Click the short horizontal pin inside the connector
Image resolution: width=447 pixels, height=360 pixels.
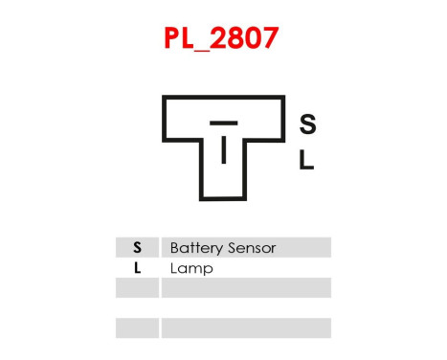coord(223,124)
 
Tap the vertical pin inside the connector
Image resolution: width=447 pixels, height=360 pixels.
coord(223,150)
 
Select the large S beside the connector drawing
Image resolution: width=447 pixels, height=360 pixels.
coord(307,124)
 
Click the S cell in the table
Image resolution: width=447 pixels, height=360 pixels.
coord(137,248)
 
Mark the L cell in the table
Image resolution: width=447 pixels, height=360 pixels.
coord(137,268)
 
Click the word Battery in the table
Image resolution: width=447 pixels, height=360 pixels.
coord(197,248)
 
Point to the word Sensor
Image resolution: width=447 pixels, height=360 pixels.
coord(252,248)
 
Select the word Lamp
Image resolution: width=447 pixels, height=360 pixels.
coord(190,268)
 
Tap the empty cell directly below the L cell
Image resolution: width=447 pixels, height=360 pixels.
coord(137,288)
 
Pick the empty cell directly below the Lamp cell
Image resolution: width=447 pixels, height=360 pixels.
coord(245,288)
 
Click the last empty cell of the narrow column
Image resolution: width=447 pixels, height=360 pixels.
coord(137,328)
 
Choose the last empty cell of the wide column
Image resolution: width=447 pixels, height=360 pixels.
coord(245,328)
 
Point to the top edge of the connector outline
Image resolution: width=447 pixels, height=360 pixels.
coord(223,97)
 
